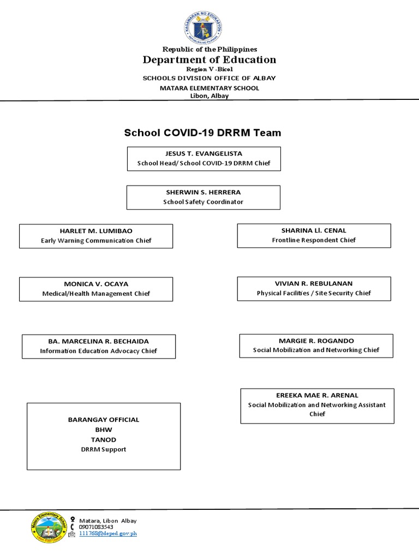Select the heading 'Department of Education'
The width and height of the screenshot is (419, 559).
pos(209,60)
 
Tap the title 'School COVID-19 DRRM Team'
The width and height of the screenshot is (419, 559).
pos(202,132)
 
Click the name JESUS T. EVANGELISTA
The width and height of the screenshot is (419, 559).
pos(203,154)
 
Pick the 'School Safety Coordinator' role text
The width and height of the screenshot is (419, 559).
pos(203,201)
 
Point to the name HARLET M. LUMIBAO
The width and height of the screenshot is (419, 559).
pos(96,230)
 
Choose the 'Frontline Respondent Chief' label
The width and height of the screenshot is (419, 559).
pos(314,240)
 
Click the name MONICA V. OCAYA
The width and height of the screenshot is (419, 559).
pos(96,284)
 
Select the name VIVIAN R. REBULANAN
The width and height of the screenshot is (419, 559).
pos(314,283)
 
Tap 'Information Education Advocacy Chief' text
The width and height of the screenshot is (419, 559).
pos(99,351)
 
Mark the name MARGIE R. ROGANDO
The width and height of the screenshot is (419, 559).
pos(316,340)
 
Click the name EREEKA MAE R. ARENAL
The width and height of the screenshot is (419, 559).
pos(317,395)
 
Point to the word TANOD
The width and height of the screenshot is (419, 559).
pos(103,439)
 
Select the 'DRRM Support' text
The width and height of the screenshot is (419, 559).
pos(103,449)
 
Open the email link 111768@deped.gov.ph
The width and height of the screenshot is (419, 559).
pos(108,533)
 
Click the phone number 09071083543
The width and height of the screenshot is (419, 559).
pos(96,527)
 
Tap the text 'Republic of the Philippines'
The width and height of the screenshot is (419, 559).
pos(209,49)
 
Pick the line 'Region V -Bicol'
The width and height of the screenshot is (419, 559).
pos(209,69)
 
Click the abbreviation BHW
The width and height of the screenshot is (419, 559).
pos(103,430)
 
